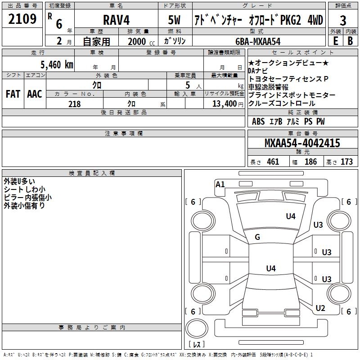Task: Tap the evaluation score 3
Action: [343, 20]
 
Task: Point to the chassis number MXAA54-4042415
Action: [302, 144]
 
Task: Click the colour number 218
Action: [74, 104]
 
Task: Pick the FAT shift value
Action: [13, 94]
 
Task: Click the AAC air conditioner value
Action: [34, 94]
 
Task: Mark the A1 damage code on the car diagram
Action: [220, 184]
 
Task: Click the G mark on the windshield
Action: [257, 237]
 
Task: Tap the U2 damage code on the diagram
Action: [320, 308]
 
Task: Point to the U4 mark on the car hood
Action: [291, 216]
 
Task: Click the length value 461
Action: [273, 162]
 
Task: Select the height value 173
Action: [346, 162]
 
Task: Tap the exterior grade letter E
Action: [335, 40]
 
